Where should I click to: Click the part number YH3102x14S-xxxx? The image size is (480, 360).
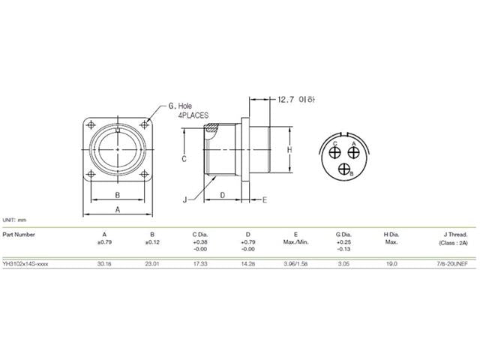click(28, 264)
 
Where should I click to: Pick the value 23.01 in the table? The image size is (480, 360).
click(152, 264)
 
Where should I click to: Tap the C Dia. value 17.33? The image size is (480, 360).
click(200, 264)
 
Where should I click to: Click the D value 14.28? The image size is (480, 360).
click(247, 264)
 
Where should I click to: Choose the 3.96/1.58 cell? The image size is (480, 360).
click(295, 264)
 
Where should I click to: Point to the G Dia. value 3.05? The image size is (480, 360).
click(344, 264)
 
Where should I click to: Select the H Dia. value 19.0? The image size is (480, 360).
click(391, 264)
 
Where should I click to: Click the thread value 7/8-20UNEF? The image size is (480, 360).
click(450, 264)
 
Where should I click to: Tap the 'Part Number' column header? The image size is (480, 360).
click(19, 234)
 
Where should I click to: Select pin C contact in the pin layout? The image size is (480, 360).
click(336, 151)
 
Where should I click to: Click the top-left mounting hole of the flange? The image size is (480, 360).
click(92, 124)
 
